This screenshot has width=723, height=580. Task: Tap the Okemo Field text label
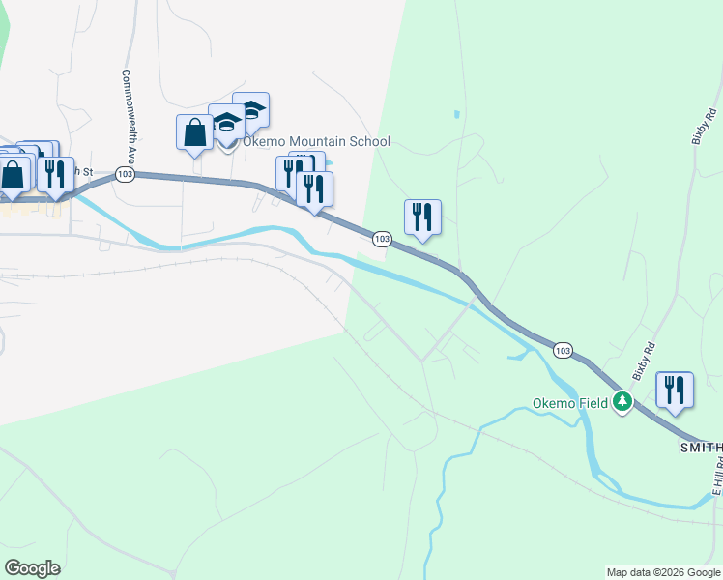coord(570,403)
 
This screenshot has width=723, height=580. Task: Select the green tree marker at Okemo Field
coord(624,402)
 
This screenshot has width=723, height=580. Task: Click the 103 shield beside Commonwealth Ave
coord(124,174)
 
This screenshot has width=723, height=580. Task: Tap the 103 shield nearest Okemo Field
coord(564,349)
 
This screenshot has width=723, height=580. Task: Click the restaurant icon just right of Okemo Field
coord(675,391)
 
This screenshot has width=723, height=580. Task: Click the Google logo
coord(33,567)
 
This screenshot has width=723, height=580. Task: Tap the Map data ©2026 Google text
coord(662,572)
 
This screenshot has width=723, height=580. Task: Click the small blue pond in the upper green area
coord(456,115)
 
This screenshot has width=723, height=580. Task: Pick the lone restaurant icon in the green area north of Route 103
coord(422,217)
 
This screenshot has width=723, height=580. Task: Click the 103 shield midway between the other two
coord(382,238)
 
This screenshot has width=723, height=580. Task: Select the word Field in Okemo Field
coord(593,403)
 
